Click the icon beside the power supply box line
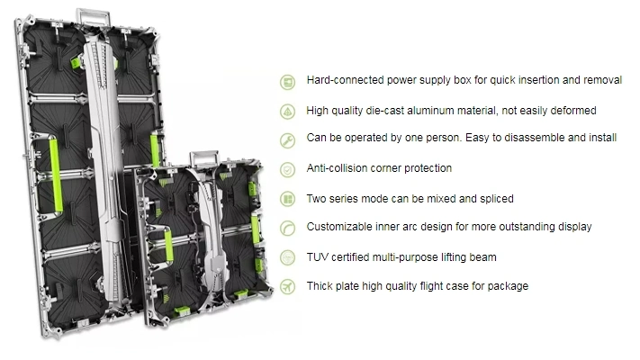click(x=288, y=81)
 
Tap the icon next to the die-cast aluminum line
click(x=288, y=111)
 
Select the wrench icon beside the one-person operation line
click(x=288, y=140)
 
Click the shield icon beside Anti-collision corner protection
click(x=288, y=169)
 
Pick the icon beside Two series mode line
click(x=288, y=198)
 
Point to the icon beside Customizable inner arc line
click(x=288, y=228)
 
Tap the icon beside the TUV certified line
click(x=288, y=257)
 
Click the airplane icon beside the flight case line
click(x=288, y=286)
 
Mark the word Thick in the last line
click(x=320, y=286)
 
